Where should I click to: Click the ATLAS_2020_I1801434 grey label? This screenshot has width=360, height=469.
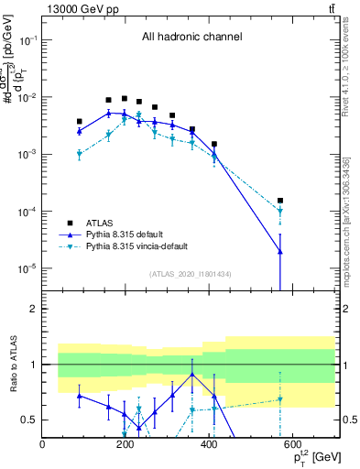click(x=190, y=274)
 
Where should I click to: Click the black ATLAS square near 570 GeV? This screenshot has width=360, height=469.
click(x=280, y=201)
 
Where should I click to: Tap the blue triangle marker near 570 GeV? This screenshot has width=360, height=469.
click(x=280, y=252)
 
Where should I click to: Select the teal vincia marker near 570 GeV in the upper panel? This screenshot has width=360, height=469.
click(x=280, y=212)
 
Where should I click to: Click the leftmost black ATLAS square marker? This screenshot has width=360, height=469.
click(x=80, y=121)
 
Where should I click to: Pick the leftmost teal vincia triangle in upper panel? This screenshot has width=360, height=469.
click(x=80, y=155)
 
